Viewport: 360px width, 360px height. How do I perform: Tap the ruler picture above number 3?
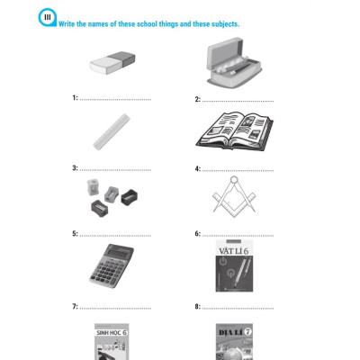point(115,130)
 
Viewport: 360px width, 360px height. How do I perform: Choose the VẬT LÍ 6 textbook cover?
point(233,265)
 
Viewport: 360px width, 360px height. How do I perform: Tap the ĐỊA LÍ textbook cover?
point(233,342)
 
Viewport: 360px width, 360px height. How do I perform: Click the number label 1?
point(76,97)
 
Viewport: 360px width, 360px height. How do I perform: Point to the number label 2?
point(198,100)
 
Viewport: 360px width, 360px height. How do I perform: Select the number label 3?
point(76,168)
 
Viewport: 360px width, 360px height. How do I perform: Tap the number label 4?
point(198,168)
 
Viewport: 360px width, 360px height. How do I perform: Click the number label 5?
point(76,234)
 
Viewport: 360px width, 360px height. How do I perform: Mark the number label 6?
point(198,234)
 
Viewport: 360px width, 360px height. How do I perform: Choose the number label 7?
point(76,307)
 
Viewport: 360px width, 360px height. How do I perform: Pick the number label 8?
point(198,307)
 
